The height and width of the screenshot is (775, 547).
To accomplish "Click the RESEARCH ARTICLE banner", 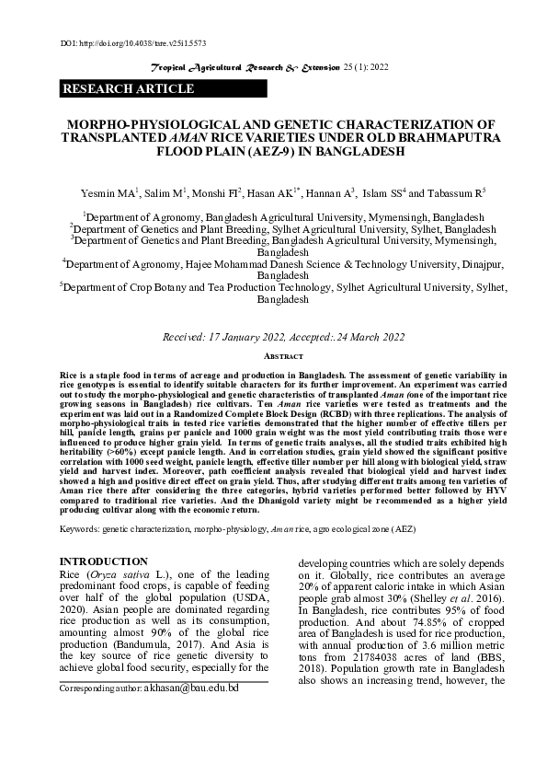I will [x=128, y=89].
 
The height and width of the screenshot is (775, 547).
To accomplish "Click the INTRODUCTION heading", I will [x=102, y=561].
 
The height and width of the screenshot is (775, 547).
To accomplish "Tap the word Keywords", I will [x=84, y=531].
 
